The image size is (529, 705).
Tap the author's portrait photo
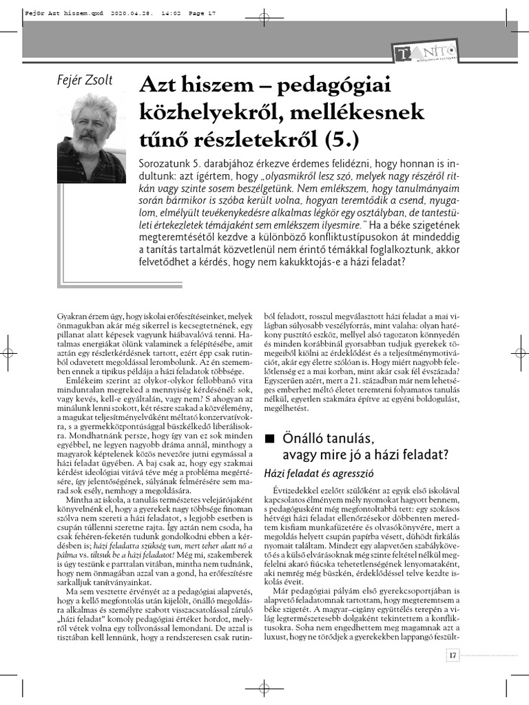tap(92, 138)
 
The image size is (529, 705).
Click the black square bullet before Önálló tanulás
tap(269, 438)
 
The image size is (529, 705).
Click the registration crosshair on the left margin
tap(10, 352)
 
